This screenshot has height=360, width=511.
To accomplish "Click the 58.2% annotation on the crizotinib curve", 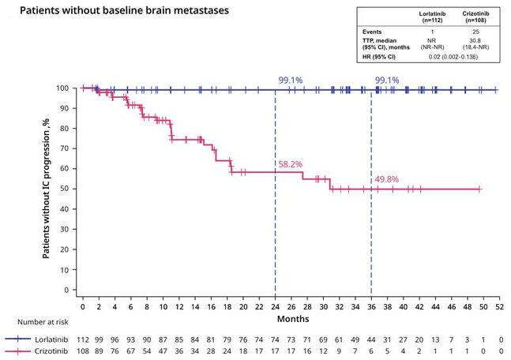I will [290, 164].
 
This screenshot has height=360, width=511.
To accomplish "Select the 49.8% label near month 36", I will [386, 179].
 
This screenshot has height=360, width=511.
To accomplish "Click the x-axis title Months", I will [289, 318].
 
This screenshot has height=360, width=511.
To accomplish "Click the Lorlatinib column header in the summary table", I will [434, 18].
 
